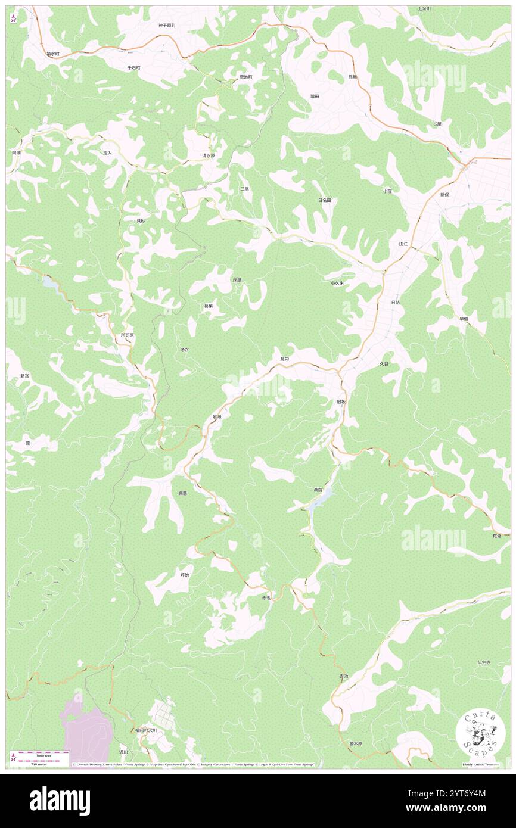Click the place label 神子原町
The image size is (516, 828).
167,26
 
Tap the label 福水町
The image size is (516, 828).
53,54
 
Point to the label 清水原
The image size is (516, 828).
209,155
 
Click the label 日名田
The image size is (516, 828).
324,200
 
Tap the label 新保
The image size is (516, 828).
444,195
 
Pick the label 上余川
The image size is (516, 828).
424,9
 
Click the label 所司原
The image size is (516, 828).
128,335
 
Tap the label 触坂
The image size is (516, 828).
340,402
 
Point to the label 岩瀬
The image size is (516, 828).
217,417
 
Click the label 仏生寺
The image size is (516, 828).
483,662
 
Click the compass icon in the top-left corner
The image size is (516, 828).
14,18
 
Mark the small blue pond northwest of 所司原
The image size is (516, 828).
49,284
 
